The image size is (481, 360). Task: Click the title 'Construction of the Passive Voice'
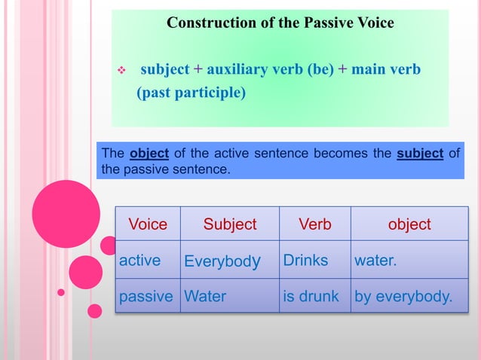coord(280,23)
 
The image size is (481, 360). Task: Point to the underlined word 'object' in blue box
coord(149,154)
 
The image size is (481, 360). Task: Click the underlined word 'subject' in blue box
coord(420,154)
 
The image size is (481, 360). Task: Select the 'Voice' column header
coord(148,224)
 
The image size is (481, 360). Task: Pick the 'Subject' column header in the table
coord(230,224)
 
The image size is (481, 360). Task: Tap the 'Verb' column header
coord(314,224)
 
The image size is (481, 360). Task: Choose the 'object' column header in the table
coord(409,224)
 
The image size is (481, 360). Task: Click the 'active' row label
coord(140,261)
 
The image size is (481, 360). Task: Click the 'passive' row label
coord(146,296)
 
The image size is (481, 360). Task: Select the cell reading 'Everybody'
coord(223,261)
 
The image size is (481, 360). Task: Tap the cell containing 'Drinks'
coord(305,261)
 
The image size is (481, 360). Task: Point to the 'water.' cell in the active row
coord(375,261)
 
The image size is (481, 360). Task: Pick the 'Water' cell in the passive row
coord(205,296)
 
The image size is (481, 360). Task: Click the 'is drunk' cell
coord(311,296)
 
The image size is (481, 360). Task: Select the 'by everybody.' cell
coord(403,296)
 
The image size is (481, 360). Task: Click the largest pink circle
coord(66,214)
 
